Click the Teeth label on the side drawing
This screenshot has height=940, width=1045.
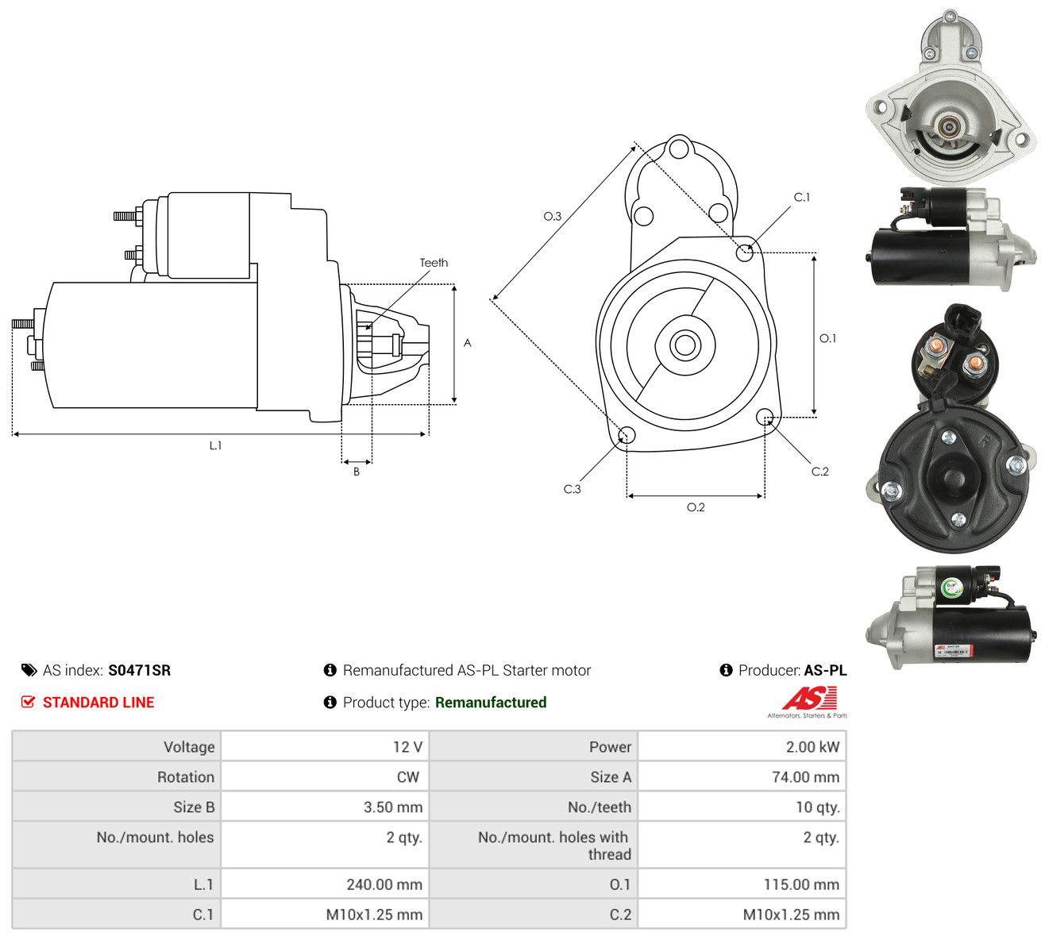click(434, 263)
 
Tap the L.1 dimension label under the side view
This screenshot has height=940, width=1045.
click(215, 445)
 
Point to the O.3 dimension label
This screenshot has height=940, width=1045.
click(552, 216)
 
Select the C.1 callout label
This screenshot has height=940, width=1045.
click(802, 197)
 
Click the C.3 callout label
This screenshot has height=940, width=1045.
click(572, 489)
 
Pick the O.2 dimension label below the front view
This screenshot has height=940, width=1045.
click(696, 507)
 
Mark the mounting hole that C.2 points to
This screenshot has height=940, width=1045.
click(764, 416)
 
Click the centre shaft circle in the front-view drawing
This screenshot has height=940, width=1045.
click(684, 345)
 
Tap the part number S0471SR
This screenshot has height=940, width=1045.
click(140, 670)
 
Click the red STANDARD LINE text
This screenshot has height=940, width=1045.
click(98, 703)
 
